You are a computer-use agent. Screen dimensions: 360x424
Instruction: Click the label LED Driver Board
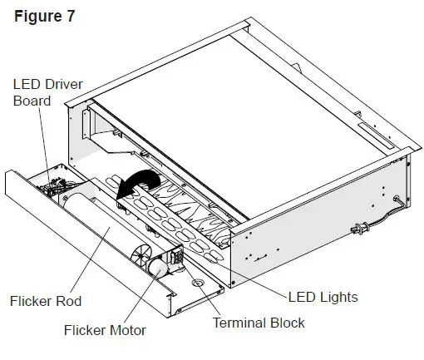coord(43,92)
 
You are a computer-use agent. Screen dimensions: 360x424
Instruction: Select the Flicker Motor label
coord(105,331)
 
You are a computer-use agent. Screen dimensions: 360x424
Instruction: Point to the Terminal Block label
coord(259,323)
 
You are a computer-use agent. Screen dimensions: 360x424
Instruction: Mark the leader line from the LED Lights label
coord(249,274)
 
